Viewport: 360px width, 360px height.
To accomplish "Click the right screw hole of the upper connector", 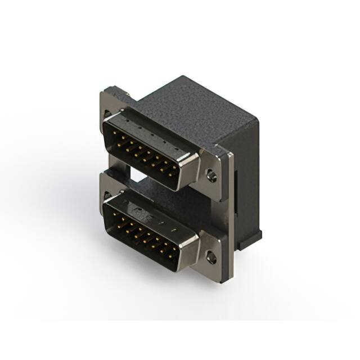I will pyautogui.click(x=211, y=176).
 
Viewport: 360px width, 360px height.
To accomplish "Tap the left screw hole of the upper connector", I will pyautogui.click(x=107, y=115).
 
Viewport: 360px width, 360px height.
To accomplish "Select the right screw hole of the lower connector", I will pyautogui.click(x=211, y=259).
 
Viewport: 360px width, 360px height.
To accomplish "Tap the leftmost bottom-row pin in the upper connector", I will pyautogui.click(x=120, y=146).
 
